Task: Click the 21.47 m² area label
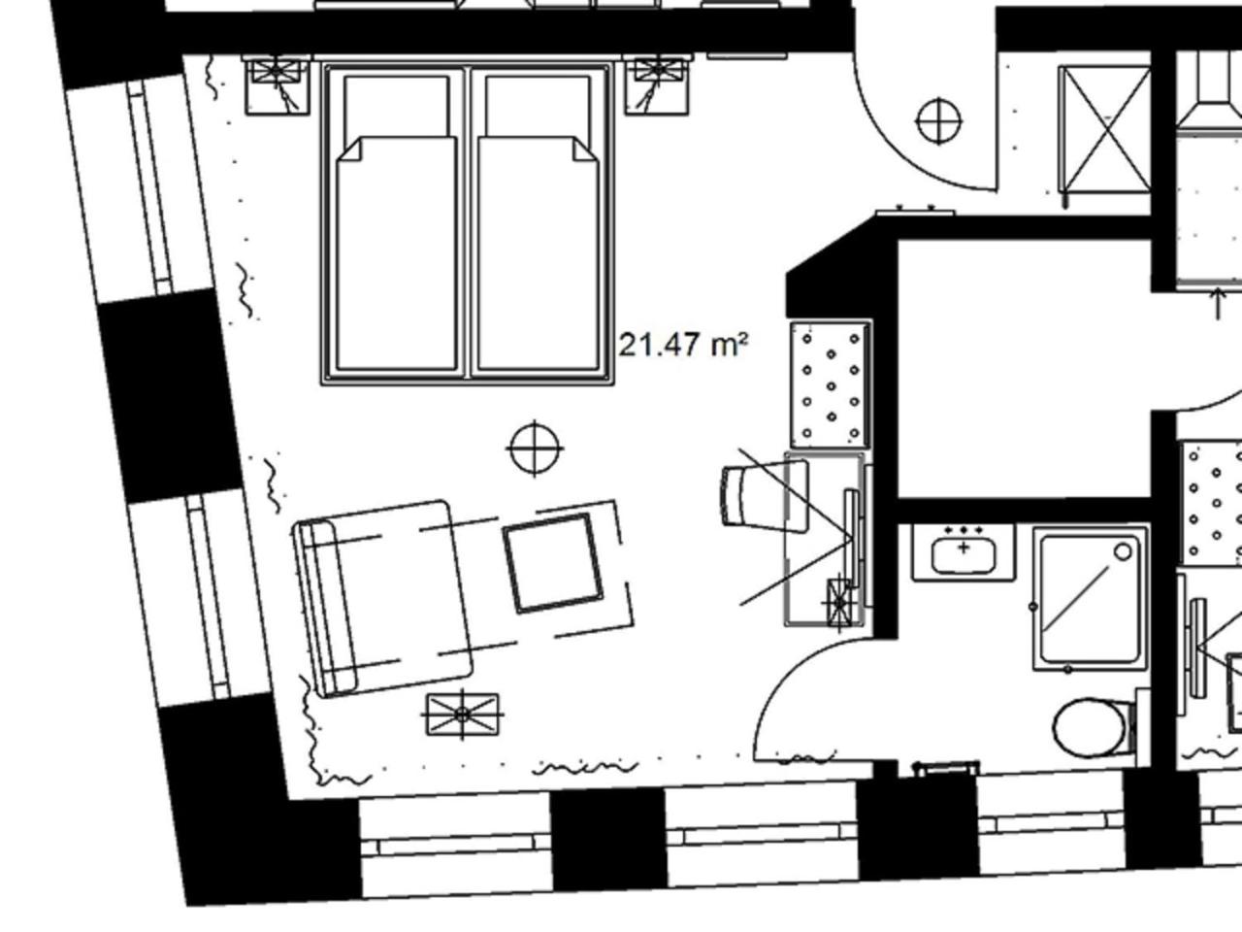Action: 683,346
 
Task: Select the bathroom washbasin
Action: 964,552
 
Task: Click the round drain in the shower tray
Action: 1123,551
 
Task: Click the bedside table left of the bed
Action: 278,85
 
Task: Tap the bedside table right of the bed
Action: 658,85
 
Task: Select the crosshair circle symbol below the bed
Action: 535,449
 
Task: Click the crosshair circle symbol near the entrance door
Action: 938,120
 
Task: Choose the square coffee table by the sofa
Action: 553,563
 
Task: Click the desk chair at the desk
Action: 765,496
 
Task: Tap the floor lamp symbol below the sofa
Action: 462,715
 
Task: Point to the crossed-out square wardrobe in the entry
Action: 1104,129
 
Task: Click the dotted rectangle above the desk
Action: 831,384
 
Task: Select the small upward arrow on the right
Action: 1218,303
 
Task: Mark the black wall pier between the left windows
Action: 170,396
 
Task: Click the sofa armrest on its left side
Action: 327,609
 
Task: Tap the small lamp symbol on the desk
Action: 839,603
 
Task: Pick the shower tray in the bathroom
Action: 1091,599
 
